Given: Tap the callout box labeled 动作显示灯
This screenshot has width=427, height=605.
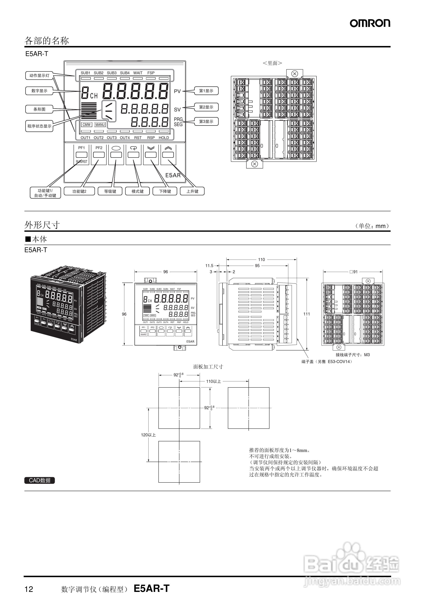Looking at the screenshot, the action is point(39,76).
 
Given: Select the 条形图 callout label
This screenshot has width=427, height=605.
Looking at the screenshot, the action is point(39,109).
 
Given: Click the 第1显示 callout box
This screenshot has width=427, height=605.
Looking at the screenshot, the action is point(206,91).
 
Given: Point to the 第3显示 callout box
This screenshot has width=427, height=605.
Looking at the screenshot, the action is point(206,121).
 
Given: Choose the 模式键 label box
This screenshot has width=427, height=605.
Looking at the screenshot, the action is point(138,191).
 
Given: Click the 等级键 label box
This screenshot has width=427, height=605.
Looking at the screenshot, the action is point(110,191).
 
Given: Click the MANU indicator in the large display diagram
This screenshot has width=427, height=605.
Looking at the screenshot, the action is point(100,125).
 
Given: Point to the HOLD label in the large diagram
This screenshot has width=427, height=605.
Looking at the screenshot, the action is point(164,138).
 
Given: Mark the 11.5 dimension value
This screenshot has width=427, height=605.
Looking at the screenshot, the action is point(209,266).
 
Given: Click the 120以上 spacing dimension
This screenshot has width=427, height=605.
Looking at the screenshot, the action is point(148,435).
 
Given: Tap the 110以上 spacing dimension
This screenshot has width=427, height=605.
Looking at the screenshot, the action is point(213,381).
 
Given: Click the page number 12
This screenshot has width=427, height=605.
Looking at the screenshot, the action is point(29,589).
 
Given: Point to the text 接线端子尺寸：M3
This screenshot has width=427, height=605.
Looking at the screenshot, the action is point(353,355).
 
